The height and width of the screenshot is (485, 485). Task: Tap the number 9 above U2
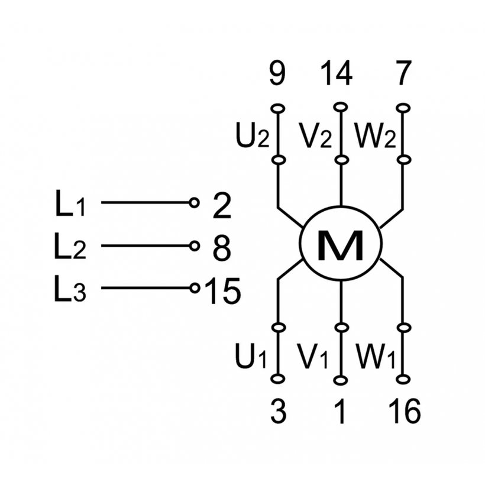click(x=277, y=75)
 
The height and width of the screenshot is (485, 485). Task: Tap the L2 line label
click(x=70, y=248)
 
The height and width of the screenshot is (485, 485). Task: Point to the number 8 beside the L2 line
click(x=221, y=248)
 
